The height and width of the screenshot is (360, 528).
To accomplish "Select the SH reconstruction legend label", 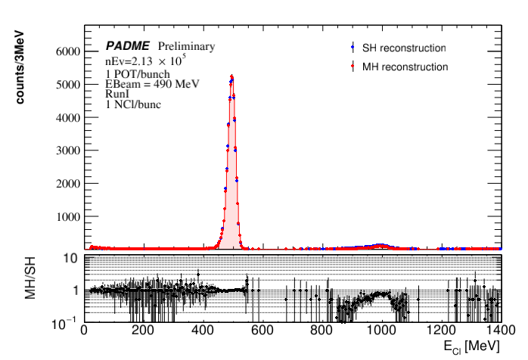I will pos(403,48).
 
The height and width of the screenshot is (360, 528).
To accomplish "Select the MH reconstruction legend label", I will pos(405,67).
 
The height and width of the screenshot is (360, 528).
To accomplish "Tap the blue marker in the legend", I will pos(354,48).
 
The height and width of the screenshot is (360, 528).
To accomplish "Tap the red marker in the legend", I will pos(354,67).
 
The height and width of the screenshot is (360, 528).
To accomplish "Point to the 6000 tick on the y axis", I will pos(65,51).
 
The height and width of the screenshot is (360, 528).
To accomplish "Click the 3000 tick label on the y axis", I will pos(65,151).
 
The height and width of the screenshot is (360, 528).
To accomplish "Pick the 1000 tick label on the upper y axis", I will pos(65,216).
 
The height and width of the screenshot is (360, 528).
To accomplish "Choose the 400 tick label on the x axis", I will pos(203,331).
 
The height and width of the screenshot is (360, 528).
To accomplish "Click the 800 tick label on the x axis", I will pos(321,331).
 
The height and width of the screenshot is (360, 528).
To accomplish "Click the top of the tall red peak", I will pos(231,76).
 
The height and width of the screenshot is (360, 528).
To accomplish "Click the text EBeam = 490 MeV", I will pos(152,84).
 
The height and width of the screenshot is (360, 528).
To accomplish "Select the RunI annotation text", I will pos(116,95).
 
